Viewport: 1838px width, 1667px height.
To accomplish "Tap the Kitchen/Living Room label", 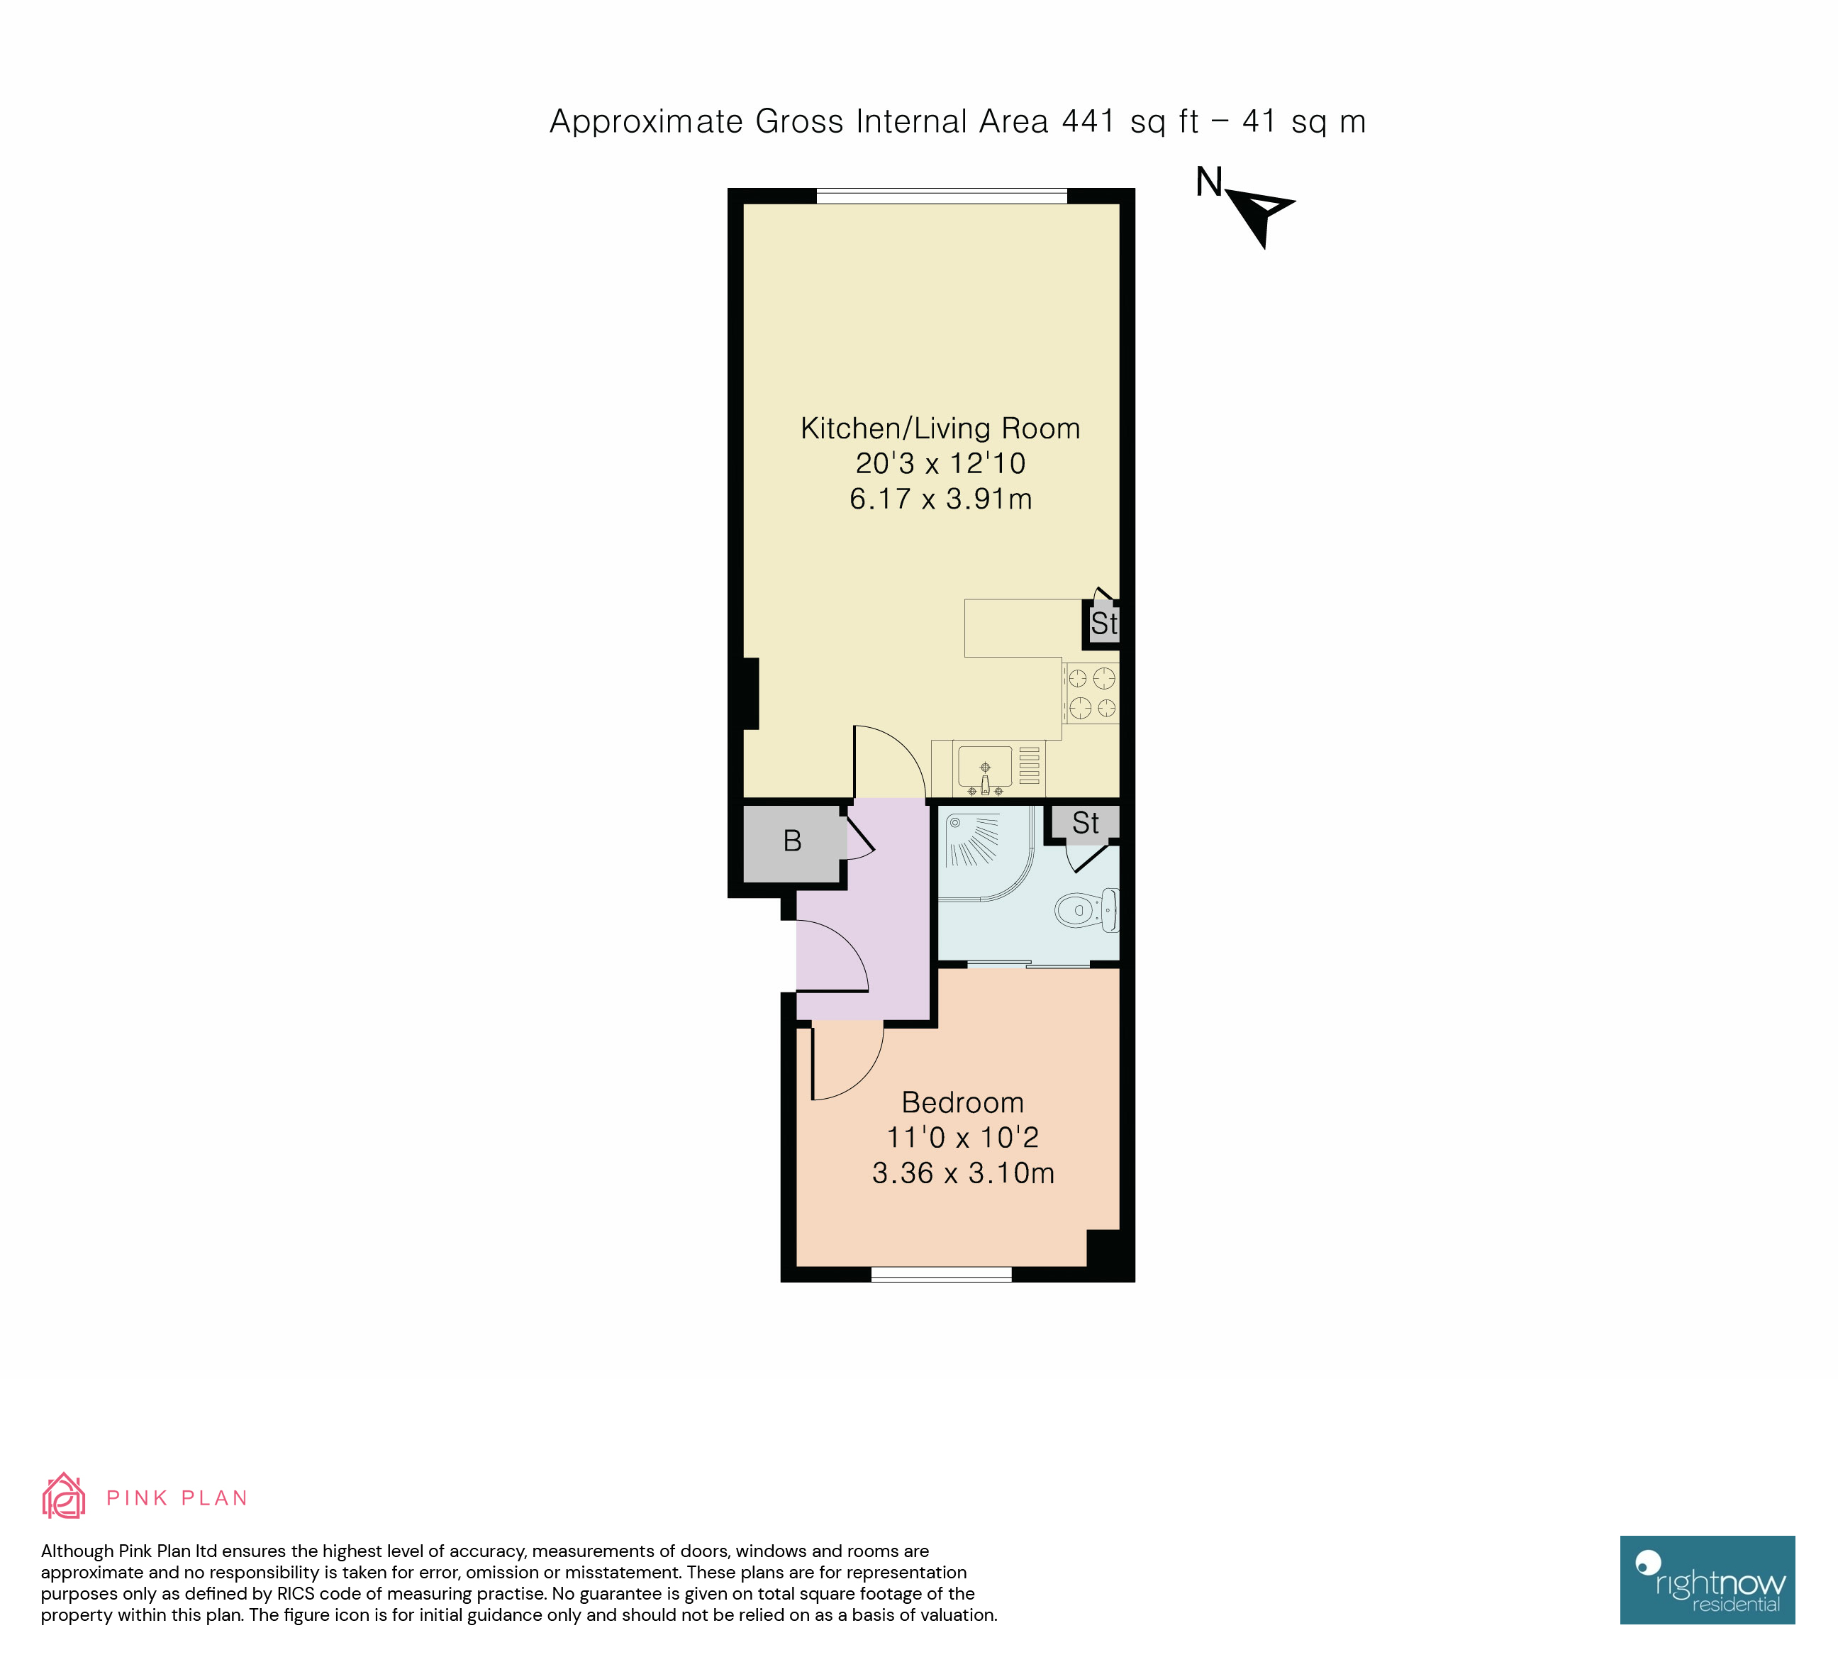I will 940,428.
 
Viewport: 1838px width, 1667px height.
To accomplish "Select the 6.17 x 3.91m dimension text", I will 940,499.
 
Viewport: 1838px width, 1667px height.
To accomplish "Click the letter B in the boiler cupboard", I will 792,841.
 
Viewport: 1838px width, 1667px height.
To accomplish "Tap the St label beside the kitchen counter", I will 1103,624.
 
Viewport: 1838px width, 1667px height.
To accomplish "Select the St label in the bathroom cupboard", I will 1085,823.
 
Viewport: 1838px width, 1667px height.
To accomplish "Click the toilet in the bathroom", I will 1085,909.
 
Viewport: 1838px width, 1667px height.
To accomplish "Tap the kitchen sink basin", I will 985,767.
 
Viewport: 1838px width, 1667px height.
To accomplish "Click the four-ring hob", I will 1091,692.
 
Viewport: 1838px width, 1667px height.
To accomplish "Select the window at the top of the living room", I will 941,196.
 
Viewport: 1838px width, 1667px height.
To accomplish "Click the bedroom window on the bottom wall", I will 941,1274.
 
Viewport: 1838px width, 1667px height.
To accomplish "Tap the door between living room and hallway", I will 889,761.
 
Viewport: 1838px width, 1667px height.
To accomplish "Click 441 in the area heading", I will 1088,121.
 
